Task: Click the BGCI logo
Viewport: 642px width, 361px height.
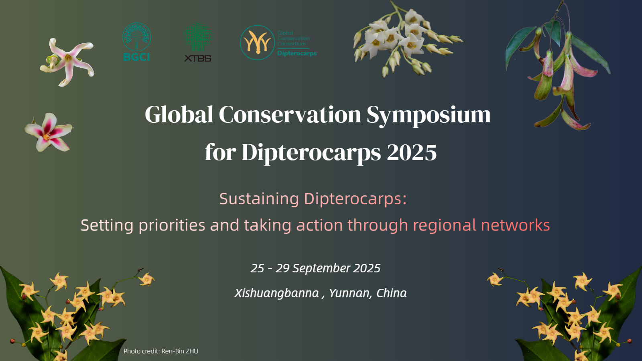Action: click(137, 42)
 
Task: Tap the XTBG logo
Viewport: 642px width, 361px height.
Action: click(198, 42)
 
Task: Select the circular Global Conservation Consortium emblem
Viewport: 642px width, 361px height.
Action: click(257, 43)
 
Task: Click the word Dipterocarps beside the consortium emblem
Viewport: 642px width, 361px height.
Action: click(297, 54)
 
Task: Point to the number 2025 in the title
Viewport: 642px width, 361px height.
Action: click(412, 152)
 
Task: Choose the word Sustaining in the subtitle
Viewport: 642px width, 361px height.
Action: click(259, 199)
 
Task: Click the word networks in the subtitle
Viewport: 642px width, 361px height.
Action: click(515, 225)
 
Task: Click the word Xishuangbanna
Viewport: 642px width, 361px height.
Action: click(276, 293)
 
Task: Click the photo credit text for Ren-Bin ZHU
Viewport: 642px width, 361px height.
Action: click(161, 351)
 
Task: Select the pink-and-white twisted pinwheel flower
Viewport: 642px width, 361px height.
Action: click(67, 62)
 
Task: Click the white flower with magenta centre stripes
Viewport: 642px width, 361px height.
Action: click(49, 132)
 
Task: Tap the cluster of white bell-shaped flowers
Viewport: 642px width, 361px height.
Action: click(406, 40)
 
